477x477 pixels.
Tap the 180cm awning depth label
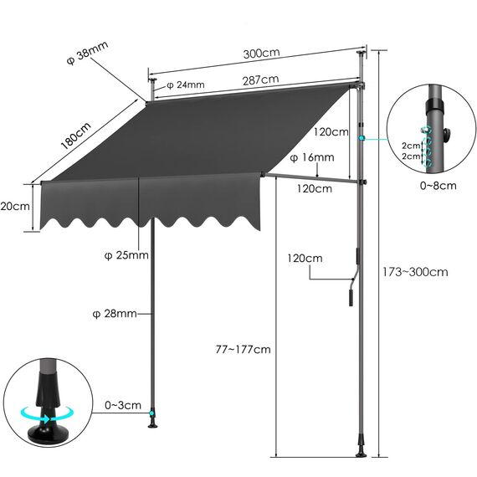point(76,136)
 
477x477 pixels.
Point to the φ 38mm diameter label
point(86,58)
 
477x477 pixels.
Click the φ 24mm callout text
point(185,85)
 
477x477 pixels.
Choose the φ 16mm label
point(311,157)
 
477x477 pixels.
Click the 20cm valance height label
point(15,206)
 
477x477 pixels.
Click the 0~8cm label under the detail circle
point(439,185)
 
